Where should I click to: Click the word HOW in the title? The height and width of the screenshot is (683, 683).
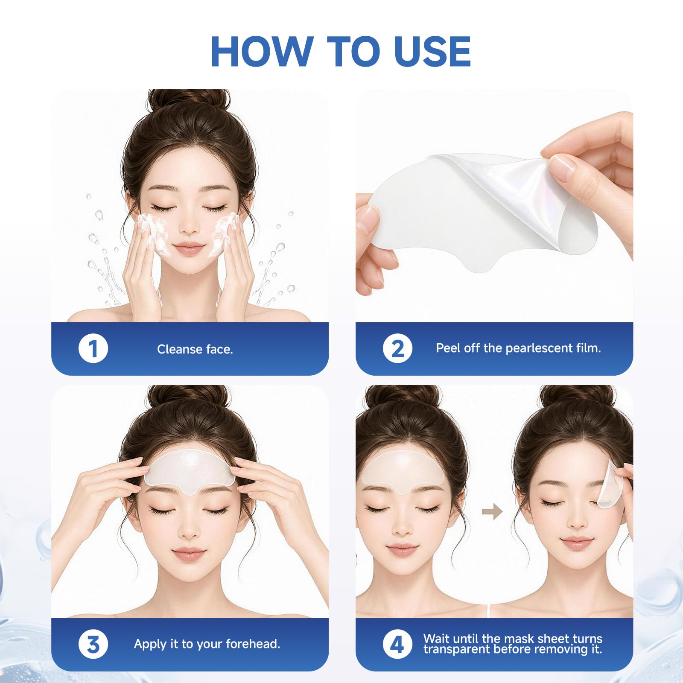[263, 52]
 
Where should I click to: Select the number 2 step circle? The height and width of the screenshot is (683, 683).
[397, 348]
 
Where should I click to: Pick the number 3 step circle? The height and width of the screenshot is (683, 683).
[93, 644]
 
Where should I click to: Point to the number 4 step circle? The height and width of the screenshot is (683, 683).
[397, 644]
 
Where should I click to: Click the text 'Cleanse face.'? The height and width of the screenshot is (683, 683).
[195, 349]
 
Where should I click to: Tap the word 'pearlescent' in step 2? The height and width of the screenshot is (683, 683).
[535, 348]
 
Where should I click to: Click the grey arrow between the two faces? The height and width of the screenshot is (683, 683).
[492, 511]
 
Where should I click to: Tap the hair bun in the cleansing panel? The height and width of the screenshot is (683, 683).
[188, 100]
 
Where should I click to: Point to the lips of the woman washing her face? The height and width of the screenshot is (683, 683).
[188, 248]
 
